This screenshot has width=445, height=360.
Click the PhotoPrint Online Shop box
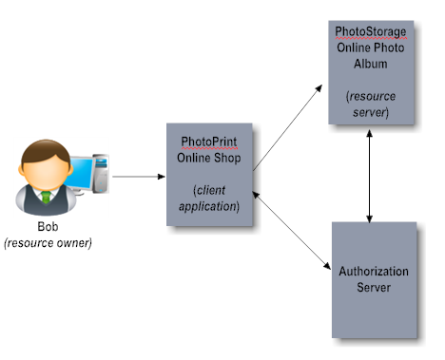point(209,175)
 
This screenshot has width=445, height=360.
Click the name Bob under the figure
point(48,228)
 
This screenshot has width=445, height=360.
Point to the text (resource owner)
point(48,243)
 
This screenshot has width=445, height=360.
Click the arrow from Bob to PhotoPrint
point(137,176)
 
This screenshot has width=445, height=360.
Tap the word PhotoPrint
point(209,142)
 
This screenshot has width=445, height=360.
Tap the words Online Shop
point(209,157)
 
